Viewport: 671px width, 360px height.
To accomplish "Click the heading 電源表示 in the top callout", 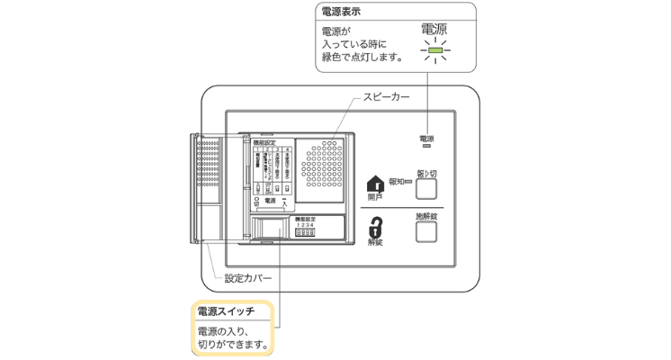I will pos(344,13).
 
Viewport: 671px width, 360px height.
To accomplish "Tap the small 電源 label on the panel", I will pos(425,139).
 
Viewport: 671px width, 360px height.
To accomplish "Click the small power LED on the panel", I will pos(425,147).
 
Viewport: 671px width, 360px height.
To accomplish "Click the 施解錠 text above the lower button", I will pos(425,216).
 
